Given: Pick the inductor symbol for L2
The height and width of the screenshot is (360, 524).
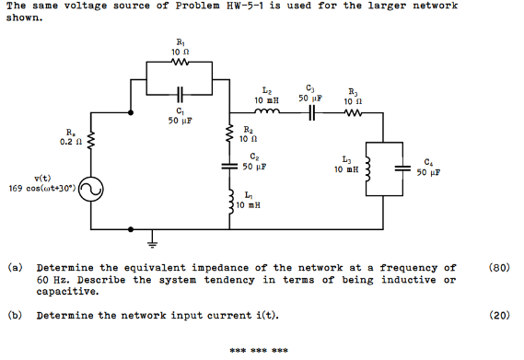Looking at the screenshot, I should (266, 114).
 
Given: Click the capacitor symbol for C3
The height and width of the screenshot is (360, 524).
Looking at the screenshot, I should (312, 114).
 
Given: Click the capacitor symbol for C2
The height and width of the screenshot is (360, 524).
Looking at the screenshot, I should (227, 168).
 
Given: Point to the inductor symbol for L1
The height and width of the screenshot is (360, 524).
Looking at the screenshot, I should (227, 198).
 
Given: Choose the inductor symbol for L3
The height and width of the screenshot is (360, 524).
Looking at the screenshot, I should (370, 169).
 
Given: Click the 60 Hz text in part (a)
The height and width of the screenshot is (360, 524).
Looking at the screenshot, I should (51, 279).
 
